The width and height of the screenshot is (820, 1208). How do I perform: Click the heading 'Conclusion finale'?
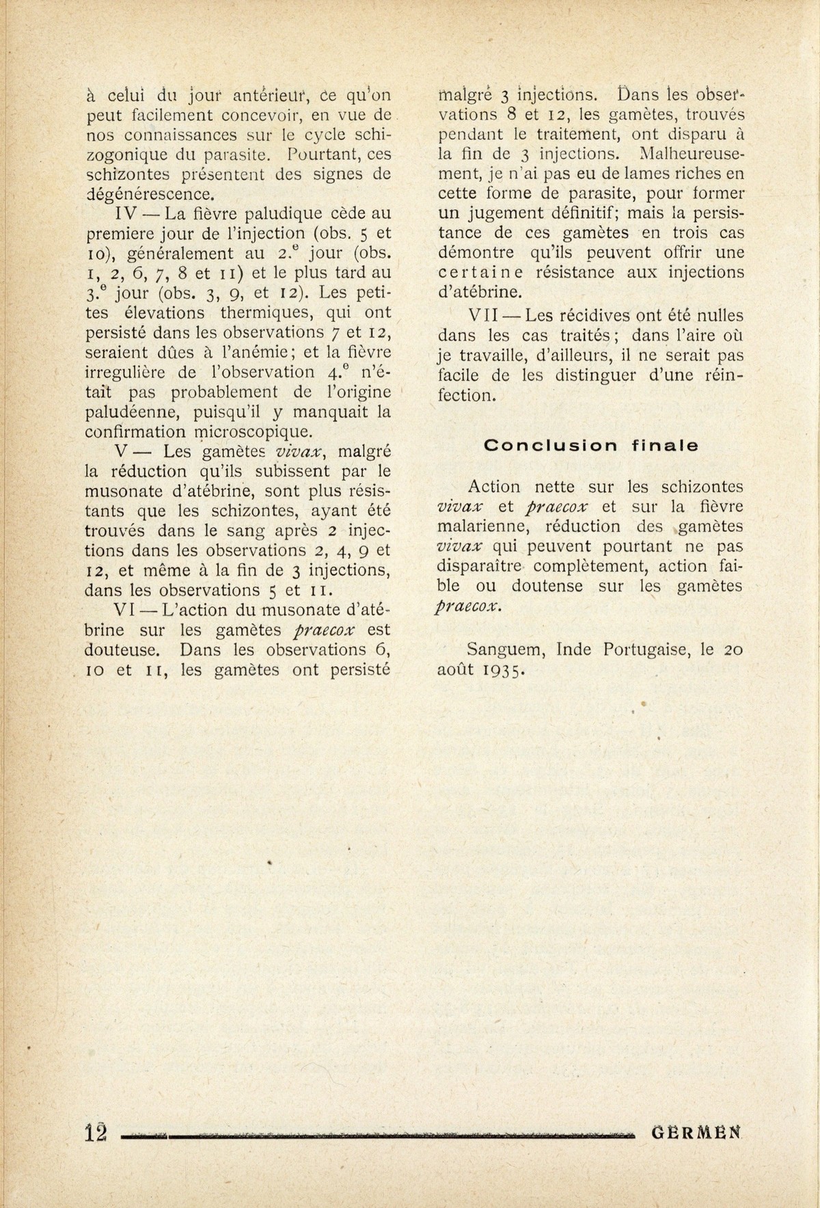pyautogui.click(x=591, y=445)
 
